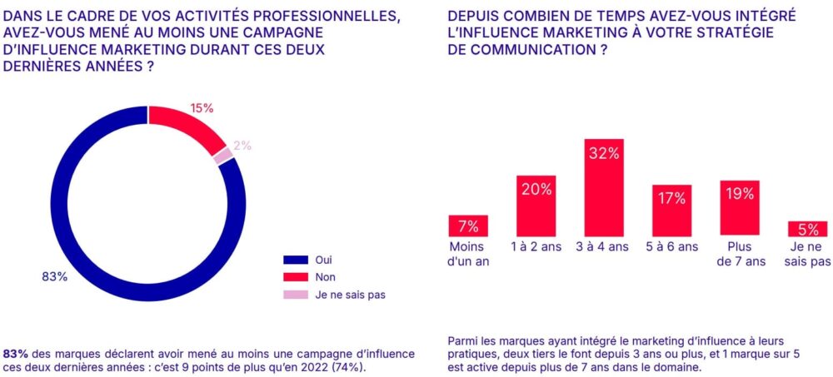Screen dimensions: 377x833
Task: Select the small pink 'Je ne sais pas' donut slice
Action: click(x=223, y=156)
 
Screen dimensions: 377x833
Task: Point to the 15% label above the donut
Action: click(x=202, y=108)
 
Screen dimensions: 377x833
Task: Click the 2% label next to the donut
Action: click(x=242, y=146)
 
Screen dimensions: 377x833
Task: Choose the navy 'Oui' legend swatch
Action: click(x=296, y=260)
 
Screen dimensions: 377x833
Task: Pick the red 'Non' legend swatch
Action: click(x=296, y=277)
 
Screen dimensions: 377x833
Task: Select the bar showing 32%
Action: click(x=604, y=187)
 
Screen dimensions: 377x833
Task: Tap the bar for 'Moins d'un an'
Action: click(x=468, y=226)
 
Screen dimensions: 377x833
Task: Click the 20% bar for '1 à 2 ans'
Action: click(x=536, y=206)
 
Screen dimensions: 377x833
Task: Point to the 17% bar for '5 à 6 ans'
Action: click(x=671, y=210)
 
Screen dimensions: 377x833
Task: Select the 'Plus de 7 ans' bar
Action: click(x=740, y=207)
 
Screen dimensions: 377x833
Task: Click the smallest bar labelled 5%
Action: click(x=807, y=229)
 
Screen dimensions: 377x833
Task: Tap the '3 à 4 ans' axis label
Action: click(x=604, y=247)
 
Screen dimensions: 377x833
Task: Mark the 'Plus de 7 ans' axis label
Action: click(x=740, y=254)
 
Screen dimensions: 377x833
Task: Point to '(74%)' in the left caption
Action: click(x=347, y=366)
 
